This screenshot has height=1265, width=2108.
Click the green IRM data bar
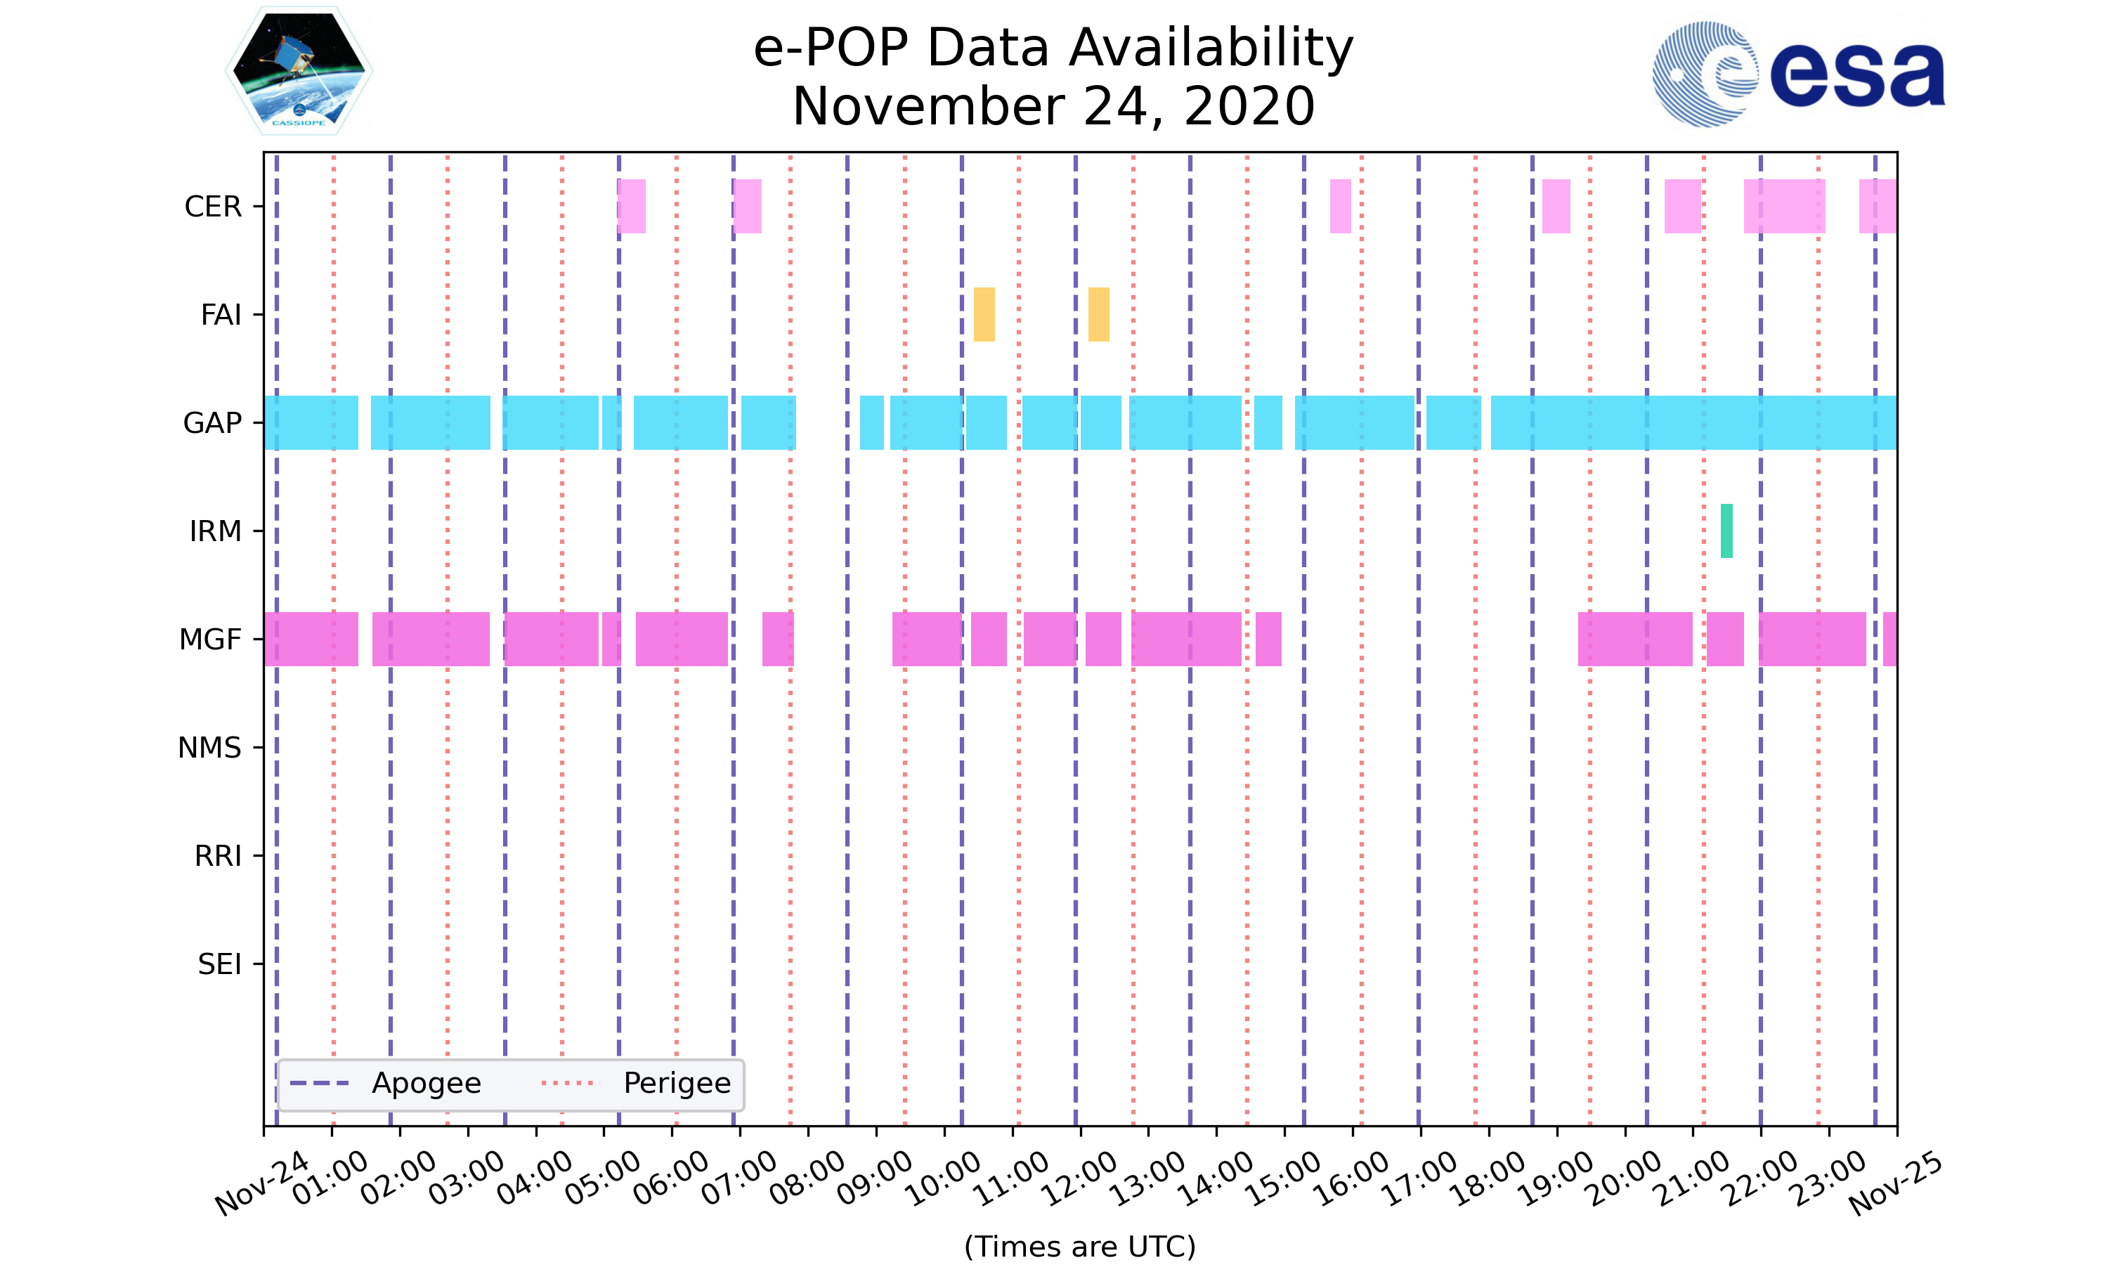[x=1726, y=531]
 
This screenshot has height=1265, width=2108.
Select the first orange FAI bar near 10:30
[x=984, y=315]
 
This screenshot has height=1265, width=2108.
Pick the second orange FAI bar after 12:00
[x=1098, y=315]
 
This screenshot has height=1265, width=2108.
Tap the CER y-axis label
[x=213, y=207]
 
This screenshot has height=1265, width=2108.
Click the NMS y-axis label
[x=209, y=748]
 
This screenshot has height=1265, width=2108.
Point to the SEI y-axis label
[x=220, y=964]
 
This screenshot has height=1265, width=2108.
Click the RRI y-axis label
[x=218, y=856]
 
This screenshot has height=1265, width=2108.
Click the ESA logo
[x=1798, y=74]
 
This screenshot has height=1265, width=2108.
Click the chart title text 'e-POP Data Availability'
[x=1053, y=48]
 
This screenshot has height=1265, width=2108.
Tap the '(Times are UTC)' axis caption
[x=1079, y=1246]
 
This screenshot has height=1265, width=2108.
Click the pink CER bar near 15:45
[x=1340, y=207]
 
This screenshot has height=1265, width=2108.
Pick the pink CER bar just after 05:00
[x=632, y=207]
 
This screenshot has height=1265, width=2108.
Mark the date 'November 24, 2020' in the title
[x=1053, y=107]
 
